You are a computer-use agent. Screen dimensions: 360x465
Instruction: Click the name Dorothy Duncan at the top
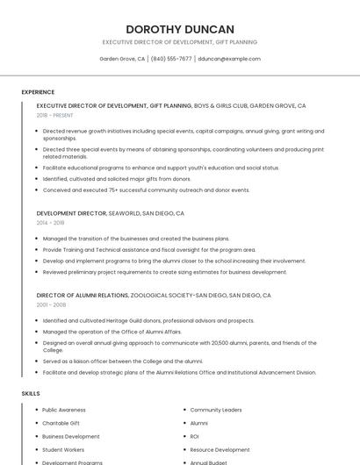pyautogui.click(x=180, y=29)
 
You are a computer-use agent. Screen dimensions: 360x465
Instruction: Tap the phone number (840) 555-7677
pyautogui.click(x=171, y=59)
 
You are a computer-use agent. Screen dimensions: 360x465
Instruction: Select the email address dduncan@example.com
pyautogui.click(x=229, y=59)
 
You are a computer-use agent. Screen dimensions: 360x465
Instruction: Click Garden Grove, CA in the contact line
pyautogui.click(x=122, y=59)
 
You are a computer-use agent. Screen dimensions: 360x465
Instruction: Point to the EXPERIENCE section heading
pyautogui.click(x=38, y=92)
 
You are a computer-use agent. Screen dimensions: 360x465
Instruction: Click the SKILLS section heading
pyautogui.click(x=31, y=394)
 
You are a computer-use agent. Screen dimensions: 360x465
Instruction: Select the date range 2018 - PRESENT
pyautogui.click(x=55, y=115)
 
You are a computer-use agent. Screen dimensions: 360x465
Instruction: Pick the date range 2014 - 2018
pyautogui.click(x=51, y=223)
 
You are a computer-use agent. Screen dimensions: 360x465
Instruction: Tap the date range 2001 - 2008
pyautogui.click(x=51, y=304)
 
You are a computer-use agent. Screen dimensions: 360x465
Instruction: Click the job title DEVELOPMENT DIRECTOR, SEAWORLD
pyautogui.click(x=111, y=213)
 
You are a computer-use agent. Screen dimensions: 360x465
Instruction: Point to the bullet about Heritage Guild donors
pyautogui.click(x=148, y=320)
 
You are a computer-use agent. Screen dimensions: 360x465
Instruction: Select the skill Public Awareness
pyautogui.click(x=64, y=410)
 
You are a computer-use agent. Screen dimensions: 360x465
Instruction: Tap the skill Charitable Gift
pyautogui.click(x=61, y=423)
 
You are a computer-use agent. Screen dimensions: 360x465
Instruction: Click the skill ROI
pyautogui.click(x=194, y=436)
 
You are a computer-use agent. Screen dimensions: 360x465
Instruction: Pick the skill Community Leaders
pyautogui.click(x=215, y=410)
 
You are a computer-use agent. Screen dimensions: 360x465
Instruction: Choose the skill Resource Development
pyautogui.click(x=220, y=449)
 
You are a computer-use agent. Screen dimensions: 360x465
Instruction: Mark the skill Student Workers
pyautogui.click(x=63, y=449)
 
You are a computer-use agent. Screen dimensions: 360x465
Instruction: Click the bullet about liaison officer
pyautogui.click(x=122, y=361)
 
